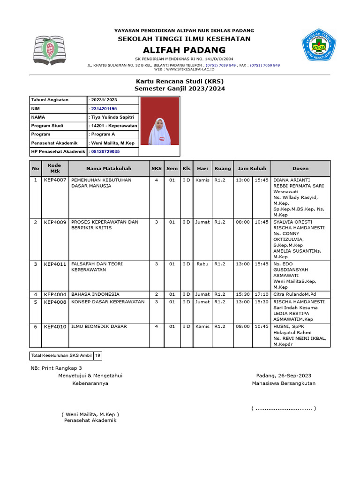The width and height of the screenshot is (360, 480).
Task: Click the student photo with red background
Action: pos(159,121)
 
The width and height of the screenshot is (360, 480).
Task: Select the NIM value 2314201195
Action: pos(104,109)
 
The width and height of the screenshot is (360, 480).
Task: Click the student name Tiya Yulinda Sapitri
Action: pos(112,117)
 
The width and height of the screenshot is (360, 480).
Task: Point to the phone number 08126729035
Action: pos(105,152)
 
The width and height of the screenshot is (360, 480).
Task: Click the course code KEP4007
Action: pos(55,180)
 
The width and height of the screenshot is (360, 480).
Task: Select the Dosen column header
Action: pos(300,168)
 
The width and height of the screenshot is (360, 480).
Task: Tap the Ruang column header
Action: pos(223,168)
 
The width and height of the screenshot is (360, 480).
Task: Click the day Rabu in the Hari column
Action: pos(202,264)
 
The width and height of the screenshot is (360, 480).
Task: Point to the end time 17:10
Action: pos(262,294)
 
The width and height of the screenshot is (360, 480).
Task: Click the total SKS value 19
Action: pos(97,356)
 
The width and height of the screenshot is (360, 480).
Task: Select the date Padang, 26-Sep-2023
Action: pos(284,376)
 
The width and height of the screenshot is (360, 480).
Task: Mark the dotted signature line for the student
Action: pos(284,409)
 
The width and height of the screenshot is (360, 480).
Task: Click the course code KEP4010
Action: pos(55,326)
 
